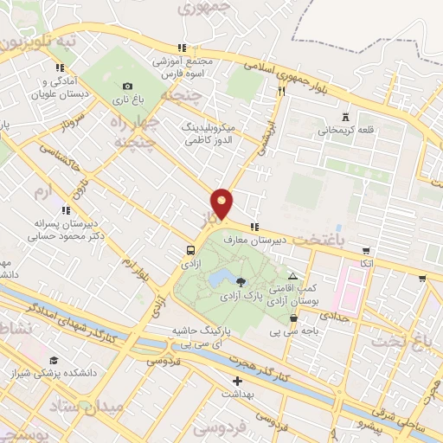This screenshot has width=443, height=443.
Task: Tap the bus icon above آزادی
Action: tap(188, 250)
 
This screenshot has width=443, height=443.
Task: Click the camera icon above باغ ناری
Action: tap(128, 86)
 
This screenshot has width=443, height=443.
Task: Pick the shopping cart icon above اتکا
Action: tap(421, 279)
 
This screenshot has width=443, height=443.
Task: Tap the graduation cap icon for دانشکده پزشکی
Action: tap(54, 360)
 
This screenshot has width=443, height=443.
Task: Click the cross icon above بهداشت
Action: tap(236, 381)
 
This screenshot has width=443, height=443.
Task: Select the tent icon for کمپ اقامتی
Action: tap(292, 276)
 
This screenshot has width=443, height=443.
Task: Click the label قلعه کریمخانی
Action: tap(344, 132)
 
